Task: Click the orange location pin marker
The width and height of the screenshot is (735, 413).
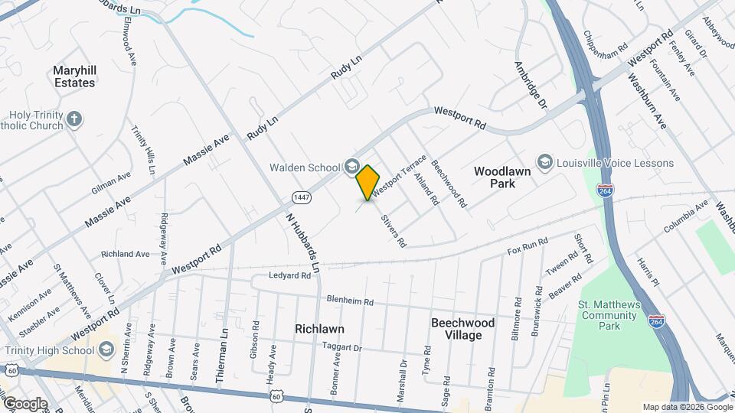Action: click(x=368, y=182)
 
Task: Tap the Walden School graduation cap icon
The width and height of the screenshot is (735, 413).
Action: click(x=351, y=166)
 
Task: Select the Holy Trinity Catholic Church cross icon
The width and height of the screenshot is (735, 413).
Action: click(x=73, y=119)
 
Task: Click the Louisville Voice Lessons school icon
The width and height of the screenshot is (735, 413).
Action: click(x=544, y=162)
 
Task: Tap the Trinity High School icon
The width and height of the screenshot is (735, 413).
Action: click(x=106, y=350)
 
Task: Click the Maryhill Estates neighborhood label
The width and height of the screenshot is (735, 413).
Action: click(x=74, y=76)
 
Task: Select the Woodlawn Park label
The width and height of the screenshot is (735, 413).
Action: click(x=502, y=177)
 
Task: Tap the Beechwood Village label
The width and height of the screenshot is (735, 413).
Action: click(x=462, y=329)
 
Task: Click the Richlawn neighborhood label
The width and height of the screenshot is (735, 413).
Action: click(x=319, y=329)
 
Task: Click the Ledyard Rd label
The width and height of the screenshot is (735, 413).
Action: click(x=290, y=275)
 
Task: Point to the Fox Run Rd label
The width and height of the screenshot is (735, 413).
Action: click(x=528, y=247)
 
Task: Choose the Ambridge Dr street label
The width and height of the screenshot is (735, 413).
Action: click(x=532, y=84)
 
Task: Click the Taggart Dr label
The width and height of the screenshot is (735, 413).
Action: click(x=341, y=346)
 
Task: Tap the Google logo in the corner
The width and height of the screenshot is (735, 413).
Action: click(x=25, y=403)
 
